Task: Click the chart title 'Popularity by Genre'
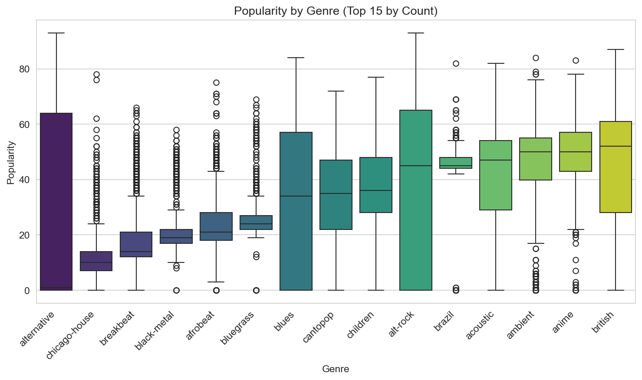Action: point(336,11)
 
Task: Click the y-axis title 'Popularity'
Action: point(11,162)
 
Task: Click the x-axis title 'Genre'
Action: point(336,369)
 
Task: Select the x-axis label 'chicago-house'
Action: point(71,334)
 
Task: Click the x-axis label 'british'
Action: point(604,323)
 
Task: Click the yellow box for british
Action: point(615,167)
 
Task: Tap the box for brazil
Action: point(455,163)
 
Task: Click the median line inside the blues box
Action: point(296,196)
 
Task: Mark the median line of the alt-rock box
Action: point(415,166)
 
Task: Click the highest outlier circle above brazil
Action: point(456,63)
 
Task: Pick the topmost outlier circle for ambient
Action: point(536,58)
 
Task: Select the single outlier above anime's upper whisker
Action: point(576,60)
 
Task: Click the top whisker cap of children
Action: point(375,77)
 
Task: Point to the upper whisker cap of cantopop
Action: point(336,91)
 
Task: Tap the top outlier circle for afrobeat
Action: point(216,82)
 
